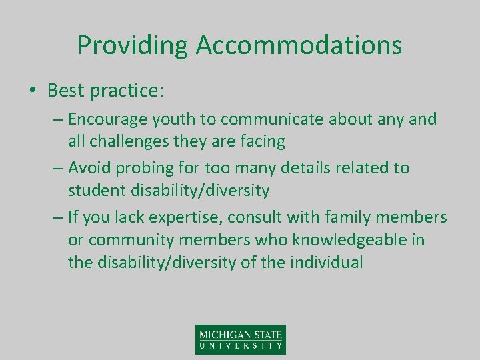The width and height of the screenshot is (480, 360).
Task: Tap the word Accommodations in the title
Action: tap(299, 45)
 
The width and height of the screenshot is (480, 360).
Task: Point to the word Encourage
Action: tap(109, 120)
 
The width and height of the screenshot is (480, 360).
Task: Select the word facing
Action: tap(261, 141)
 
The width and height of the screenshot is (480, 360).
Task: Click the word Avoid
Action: tap(90, 168)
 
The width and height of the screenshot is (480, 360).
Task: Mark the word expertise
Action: tap(194, 217)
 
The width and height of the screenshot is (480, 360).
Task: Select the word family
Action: tap(353, 217)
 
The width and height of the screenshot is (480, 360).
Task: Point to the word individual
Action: tap(327, 262)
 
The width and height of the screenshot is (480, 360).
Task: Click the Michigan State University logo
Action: tap(240, 339)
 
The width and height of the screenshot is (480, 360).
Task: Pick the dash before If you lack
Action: tap(57, 217)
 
